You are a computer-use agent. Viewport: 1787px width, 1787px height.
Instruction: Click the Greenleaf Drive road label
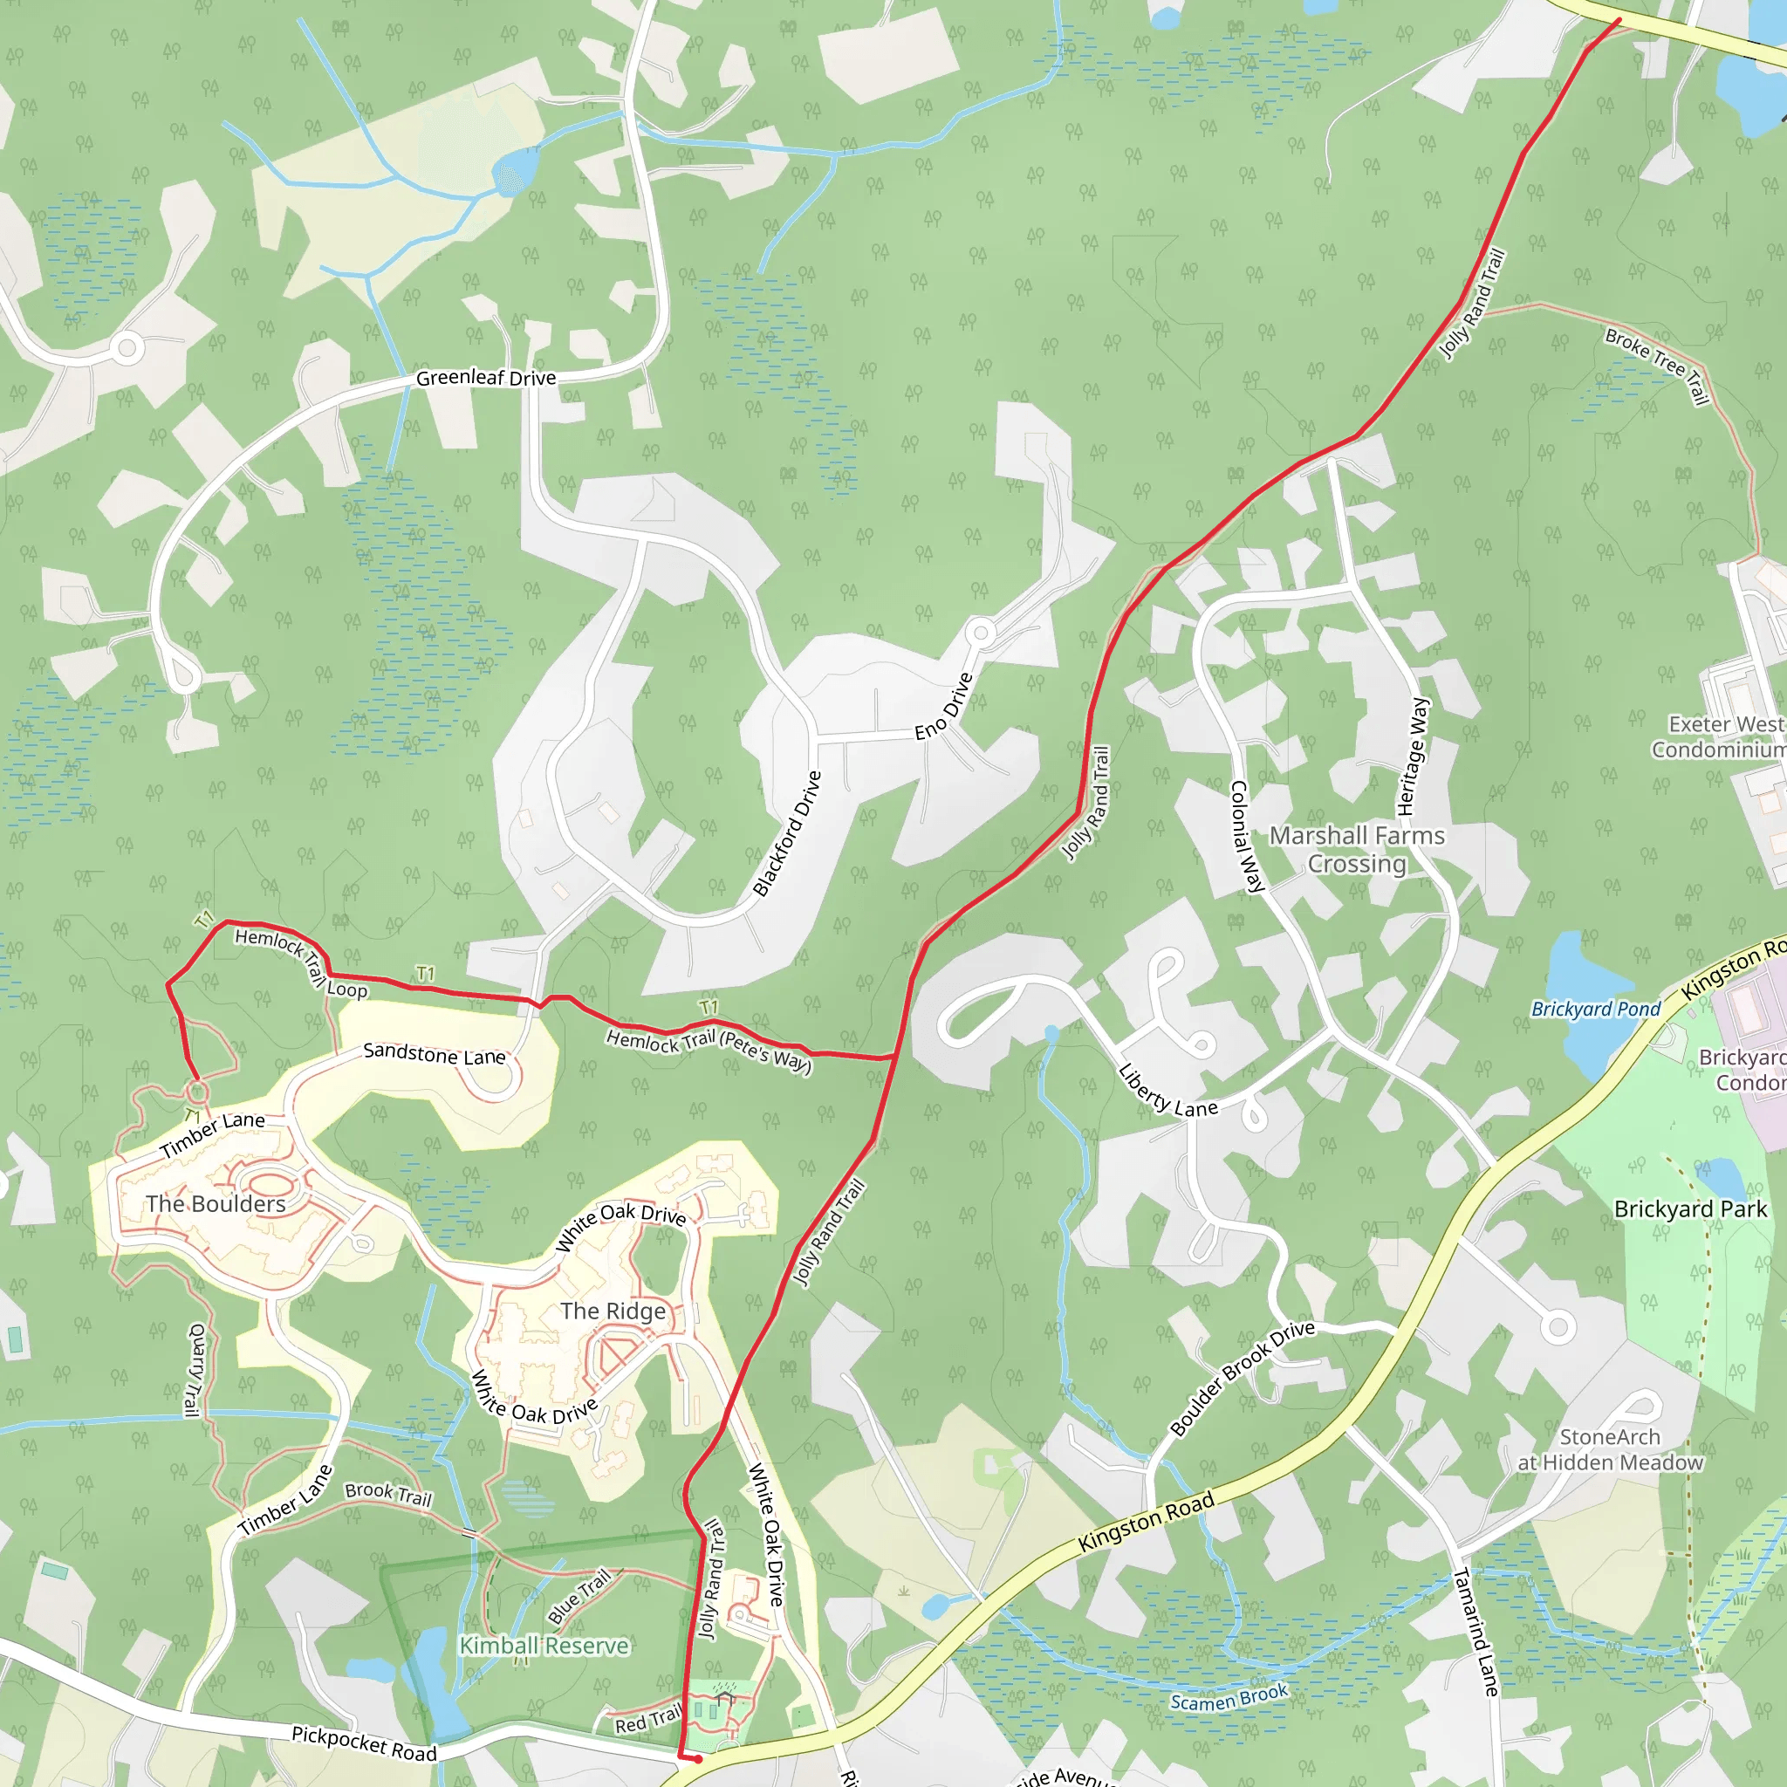[x=486, y=377]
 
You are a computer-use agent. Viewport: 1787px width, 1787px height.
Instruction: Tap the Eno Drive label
[x=944, y=706]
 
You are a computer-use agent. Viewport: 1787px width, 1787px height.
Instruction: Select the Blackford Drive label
[x=787, y=834]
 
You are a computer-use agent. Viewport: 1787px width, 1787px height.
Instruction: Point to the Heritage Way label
[x=1413, y=757]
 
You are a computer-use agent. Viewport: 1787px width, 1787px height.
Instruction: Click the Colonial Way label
[x=1246, y=836]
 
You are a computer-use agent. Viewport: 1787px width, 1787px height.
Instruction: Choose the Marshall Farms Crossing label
[x=1356, y=849]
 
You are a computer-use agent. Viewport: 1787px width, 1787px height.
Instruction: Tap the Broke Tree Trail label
[x=1658, y=366]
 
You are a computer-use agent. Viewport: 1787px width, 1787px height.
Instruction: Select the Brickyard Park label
[x=1690, y=1208]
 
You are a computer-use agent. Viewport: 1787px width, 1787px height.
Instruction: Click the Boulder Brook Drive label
[x=1243, y=1377]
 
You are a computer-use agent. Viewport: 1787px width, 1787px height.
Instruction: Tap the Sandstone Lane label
[x=434, y=1053]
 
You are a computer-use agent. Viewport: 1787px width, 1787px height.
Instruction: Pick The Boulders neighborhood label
[x=216, y=1203]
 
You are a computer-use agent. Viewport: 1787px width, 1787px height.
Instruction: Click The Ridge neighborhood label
[x=613, y=1311]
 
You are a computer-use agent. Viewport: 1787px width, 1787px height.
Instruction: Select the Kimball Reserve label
[x=544, y=1646]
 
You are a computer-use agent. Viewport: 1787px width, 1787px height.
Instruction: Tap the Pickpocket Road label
[x=365, y=1743]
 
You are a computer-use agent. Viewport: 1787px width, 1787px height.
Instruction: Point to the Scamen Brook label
[x=1229, y=1698]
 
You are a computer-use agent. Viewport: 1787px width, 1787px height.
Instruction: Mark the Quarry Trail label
[x=195, y=1371]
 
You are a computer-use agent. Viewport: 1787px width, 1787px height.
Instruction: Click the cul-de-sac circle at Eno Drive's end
[x=981, y=633]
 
